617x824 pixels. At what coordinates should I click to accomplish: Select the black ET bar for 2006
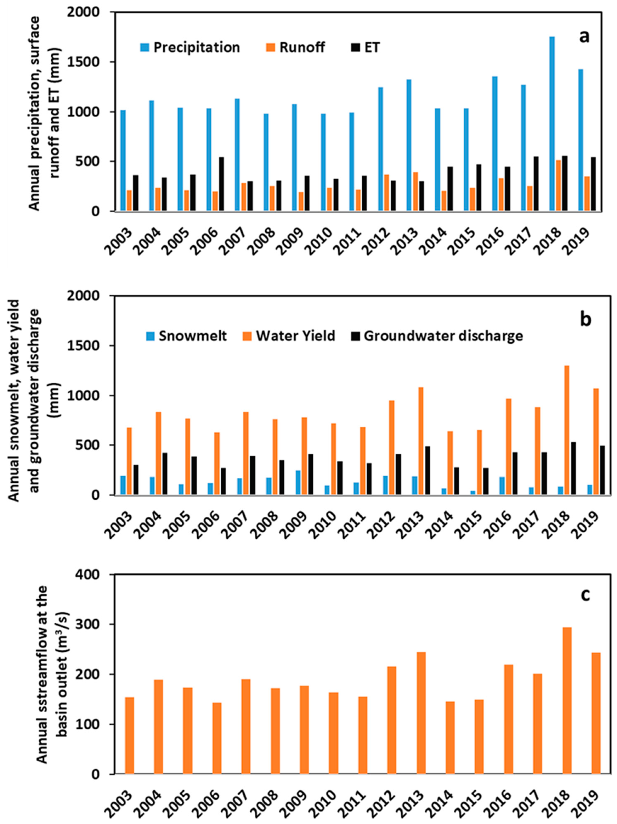point(222,184)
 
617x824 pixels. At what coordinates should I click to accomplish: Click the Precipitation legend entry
point(190,47)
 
